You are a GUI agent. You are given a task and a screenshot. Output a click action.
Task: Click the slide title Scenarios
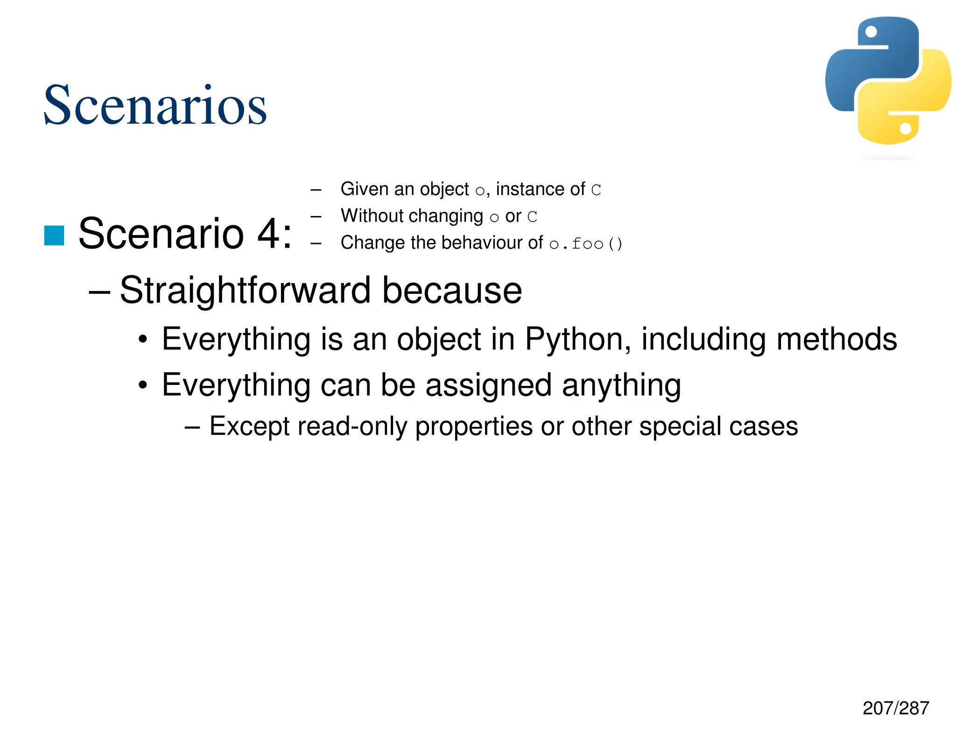[x=155, y=105]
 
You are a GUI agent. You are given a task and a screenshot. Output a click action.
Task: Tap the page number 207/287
[x=895, y=708]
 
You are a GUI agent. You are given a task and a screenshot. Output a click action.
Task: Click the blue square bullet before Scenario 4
[x=54, y=235]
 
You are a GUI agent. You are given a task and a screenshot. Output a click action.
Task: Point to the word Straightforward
[x=246, y=290]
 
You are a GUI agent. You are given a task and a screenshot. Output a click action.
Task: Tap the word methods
[x=836, y=339]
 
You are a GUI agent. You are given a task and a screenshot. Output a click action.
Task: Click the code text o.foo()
[x=586, y=244]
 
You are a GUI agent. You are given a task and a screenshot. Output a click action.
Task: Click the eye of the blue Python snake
[x=871, y=32]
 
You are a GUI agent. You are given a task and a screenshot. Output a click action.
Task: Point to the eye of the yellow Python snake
[x=906, y=128]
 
